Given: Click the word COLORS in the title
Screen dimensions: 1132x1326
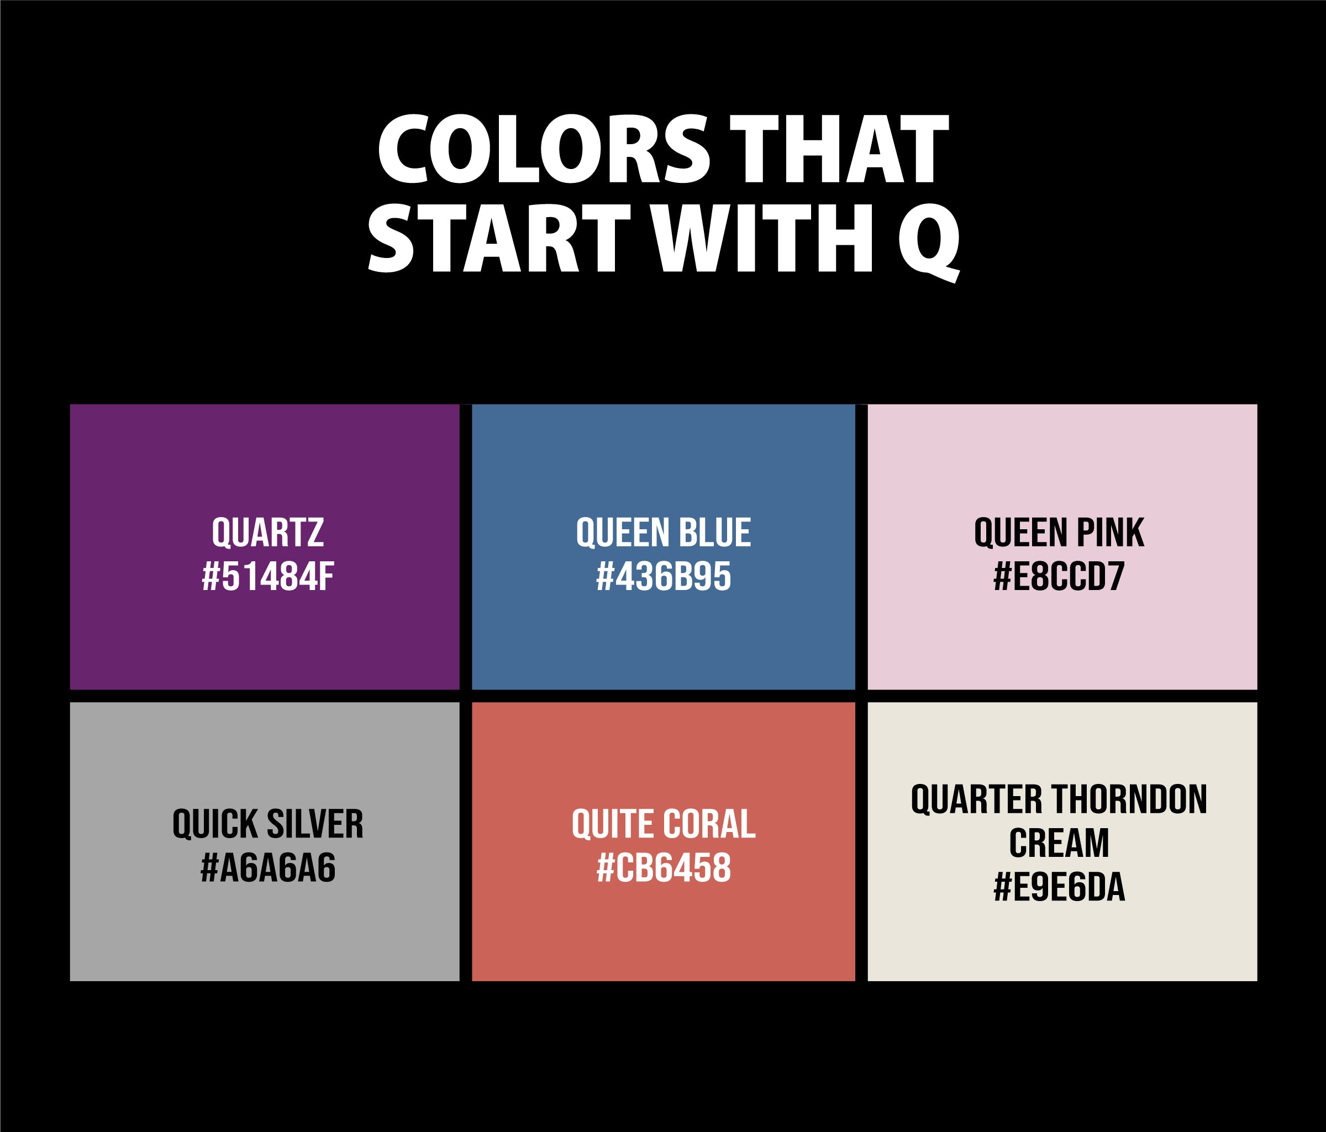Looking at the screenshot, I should point(543,149).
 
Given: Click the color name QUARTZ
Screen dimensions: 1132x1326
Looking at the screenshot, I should point(267,533).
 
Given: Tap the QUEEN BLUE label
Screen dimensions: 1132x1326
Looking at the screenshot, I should point(663,533).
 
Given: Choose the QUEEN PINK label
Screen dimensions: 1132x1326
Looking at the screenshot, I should point(1059,533).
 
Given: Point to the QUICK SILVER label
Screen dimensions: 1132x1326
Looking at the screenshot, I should point(267,824).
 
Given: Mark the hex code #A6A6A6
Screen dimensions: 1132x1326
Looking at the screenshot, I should point(267,868).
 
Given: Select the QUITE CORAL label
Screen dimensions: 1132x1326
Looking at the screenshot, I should point(663,824).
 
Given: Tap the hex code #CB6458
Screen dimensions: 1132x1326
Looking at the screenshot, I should point(663,868).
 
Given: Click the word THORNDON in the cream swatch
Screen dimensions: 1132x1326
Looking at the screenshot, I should point(1129,799).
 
